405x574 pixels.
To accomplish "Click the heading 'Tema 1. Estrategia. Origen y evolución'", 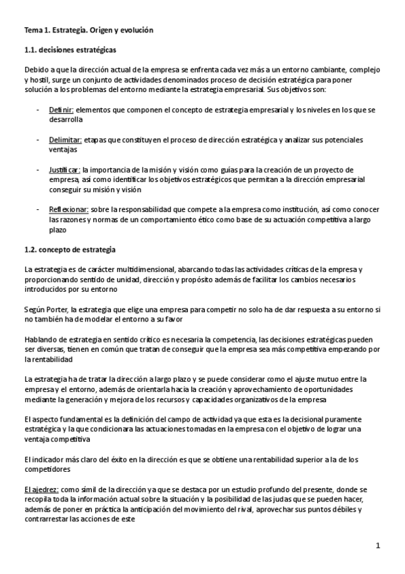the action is pos(89,30).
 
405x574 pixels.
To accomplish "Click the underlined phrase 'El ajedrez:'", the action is pos(41,489).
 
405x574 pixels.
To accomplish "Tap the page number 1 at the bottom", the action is pos(379,546).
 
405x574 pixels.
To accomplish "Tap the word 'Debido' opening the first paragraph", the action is pos(36,70).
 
